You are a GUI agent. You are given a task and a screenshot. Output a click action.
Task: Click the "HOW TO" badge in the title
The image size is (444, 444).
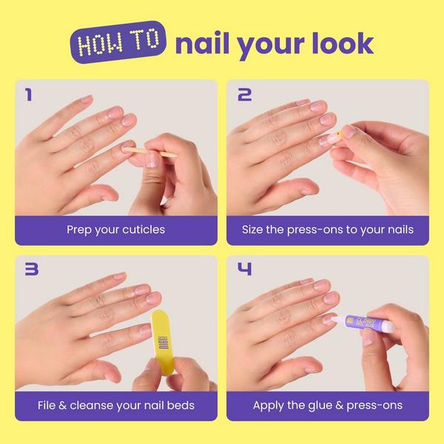[x=119, y=44]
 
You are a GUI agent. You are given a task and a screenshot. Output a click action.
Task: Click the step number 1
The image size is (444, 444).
[x=28, y=95]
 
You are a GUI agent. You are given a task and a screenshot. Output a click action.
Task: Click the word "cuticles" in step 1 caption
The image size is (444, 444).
[x=143, y=230]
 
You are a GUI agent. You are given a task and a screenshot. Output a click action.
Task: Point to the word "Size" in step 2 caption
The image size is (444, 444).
[x=255, y=230]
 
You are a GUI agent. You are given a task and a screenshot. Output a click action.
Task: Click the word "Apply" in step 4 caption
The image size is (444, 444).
[x=269, y=406]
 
